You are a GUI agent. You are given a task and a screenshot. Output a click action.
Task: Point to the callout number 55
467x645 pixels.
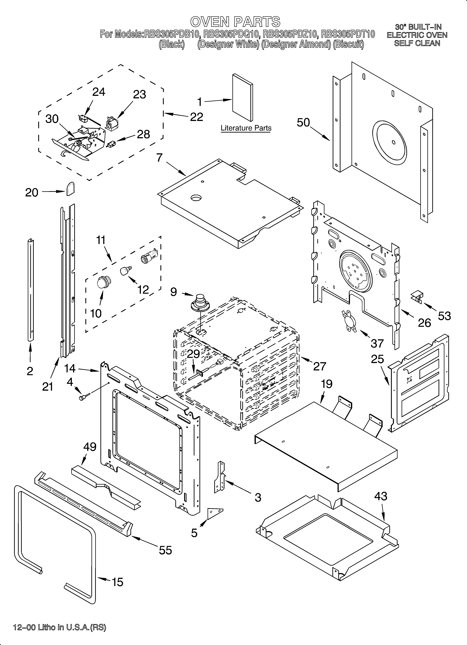pos(165,550)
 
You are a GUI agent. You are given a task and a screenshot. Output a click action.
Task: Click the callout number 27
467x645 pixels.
pos(320,366)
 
